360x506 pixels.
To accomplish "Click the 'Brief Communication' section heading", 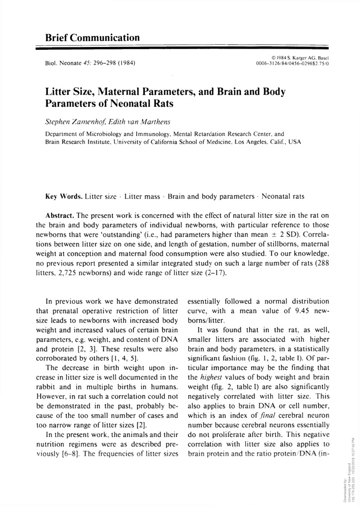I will point(92,37).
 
